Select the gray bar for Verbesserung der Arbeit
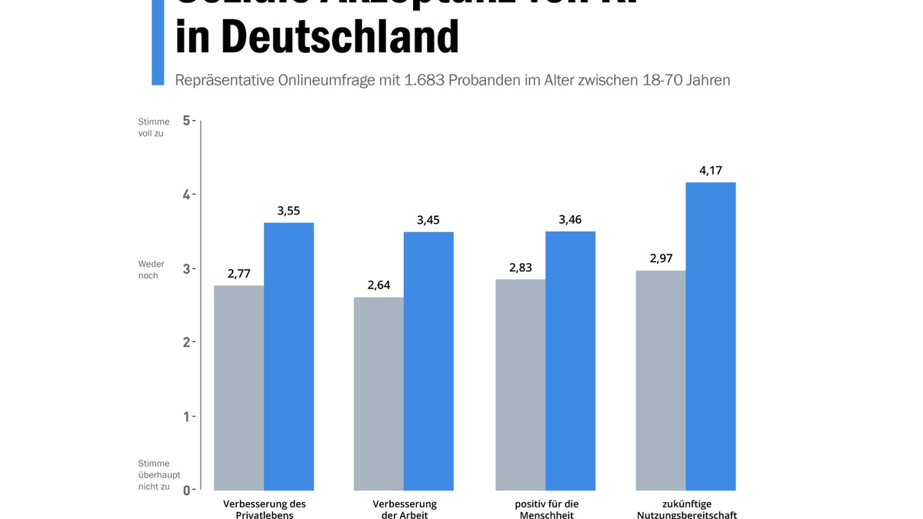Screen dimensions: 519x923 pos(378,394)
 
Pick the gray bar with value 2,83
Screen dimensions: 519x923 pos(520,384)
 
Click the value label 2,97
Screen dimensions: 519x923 pos(661,258)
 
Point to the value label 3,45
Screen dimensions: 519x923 pos(428,220)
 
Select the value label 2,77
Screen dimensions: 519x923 pos(238,273)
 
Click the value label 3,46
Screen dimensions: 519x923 pos(570,220)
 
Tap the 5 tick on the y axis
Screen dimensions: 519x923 pos(186,120)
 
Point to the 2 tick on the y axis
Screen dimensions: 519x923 pos(186,341)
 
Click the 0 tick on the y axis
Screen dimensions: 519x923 pos(186,490)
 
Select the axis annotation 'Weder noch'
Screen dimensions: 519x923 pos(152,270)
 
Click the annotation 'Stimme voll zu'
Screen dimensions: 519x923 pos(154,127)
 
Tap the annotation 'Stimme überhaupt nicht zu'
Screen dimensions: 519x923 pos(159,474)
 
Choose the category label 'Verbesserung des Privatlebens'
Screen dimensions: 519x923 pos(264,509)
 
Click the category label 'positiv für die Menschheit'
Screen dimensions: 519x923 pos(546,509)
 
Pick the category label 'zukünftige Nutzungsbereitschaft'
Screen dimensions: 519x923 pos(686,509)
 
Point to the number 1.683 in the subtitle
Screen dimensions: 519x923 pos(425,80)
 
